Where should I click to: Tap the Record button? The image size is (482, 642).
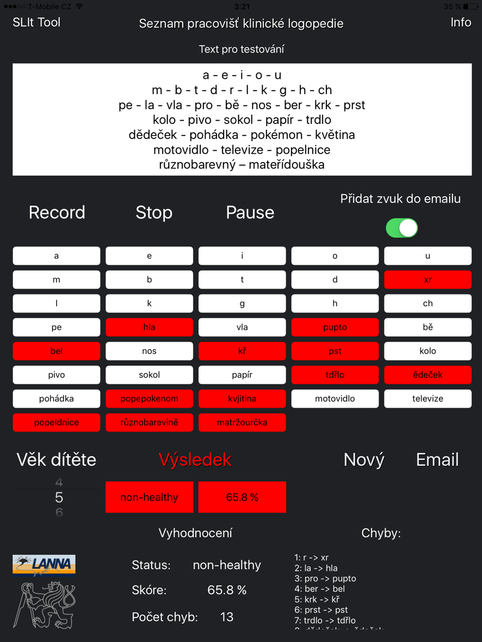[57, 212]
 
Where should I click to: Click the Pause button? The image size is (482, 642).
[250, 212]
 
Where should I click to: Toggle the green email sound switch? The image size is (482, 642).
[401, 228]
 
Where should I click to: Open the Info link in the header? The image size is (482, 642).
[460, 22]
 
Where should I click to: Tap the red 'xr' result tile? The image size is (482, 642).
[428, 279]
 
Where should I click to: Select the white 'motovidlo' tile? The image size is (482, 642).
[335, 398]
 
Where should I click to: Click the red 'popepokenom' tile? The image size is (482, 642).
[149, 398]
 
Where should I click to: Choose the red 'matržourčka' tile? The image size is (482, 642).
[242, 422]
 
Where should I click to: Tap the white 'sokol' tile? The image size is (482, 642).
[149, 375]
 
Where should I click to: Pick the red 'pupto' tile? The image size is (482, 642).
[335, 327]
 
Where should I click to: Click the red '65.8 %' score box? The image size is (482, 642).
[242, 497]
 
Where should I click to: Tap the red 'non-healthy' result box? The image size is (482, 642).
[149, 497]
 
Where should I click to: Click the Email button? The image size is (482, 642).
[437, 460]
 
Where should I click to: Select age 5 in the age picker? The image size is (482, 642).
[59, 497]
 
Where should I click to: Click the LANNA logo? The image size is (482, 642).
[44, 564]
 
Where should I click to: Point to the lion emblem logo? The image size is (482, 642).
[44, 604]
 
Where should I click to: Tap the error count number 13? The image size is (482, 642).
[227, 617]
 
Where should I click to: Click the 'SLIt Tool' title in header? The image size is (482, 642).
[36, 22]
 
